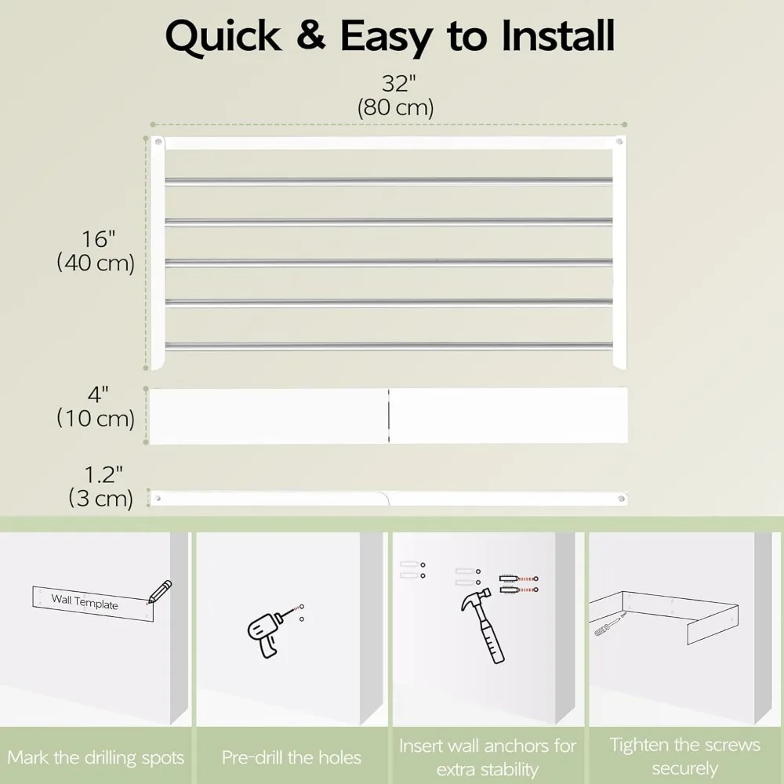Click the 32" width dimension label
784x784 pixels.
pos(396,82)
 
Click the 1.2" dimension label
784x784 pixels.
pos(103,474)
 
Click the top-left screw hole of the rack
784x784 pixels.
pos(158,143)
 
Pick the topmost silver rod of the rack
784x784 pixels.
pos(388,181)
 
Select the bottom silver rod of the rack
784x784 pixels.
pos(388,343)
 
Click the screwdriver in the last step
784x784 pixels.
pos(609,625)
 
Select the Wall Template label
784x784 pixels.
pos(85,603)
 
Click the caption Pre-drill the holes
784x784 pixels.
pos(292,757)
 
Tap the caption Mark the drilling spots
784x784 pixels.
pos(96,757)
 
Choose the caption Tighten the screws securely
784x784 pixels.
pos(684,756)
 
